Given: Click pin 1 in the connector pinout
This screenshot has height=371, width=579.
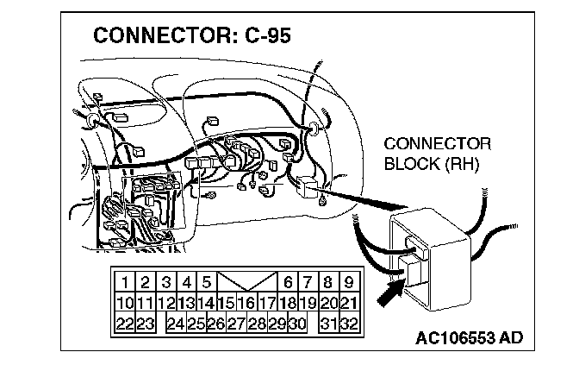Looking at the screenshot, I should click(125, 281).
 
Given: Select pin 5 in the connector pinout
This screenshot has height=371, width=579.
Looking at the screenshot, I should click(207, 281).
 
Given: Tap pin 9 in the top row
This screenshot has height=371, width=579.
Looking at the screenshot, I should click(349, 281).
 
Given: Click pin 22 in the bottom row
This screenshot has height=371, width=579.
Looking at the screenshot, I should click(124, 324).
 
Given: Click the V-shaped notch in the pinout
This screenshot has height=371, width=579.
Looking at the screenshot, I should click(246, 282).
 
